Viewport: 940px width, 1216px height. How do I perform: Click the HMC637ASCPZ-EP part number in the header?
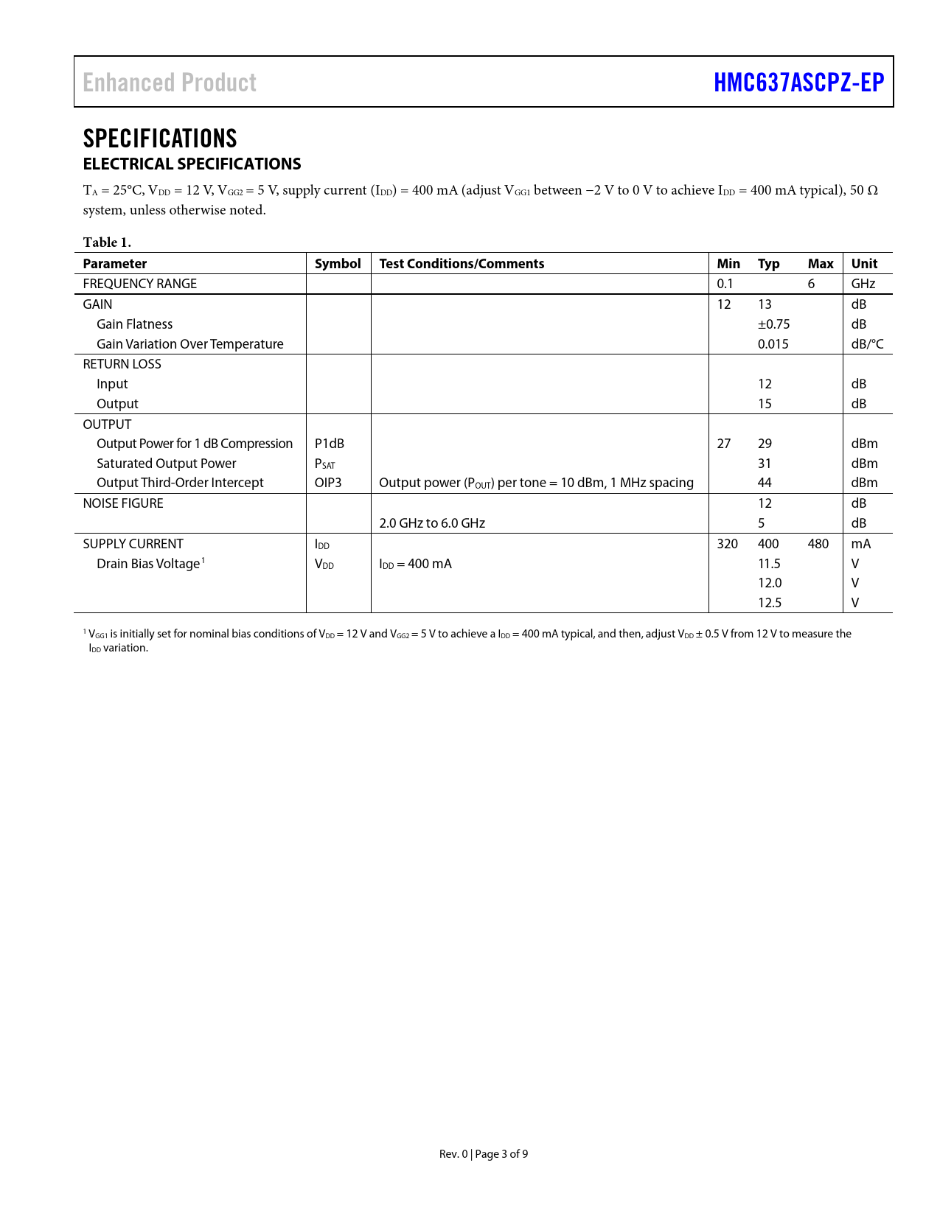pyautogui.click(x=798, y=83)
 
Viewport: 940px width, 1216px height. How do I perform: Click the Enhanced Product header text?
pyautogui.click(x=170, y=83)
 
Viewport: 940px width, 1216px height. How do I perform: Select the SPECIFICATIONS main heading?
pyautogui.click(x=160, y=139)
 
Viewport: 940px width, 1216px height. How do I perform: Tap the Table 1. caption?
pyautogui.click(x=107, y=242)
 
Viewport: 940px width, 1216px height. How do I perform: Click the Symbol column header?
pyautogui.click(x=338, y=264)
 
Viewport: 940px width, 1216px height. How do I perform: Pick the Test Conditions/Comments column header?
pyautogui.click(x=462, y=264)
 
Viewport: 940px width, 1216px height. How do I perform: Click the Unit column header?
pyautogui.click(x=864, y=264)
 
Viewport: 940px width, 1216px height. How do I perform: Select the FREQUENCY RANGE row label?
pyautogui.click(x=140, y=284)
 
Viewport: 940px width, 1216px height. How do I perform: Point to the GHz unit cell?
pyautogui.click(x=863, y=284)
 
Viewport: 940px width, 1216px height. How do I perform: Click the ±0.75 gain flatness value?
pyautogui.click(x=773, y=324)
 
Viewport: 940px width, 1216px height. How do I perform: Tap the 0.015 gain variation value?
pyautogui.click(x=773, y=344)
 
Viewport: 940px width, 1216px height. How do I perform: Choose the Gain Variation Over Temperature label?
pyautogui.click(x=190, y=344)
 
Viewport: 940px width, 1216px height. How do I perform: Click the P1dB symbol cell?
pyautogui.click(x=330, y=444)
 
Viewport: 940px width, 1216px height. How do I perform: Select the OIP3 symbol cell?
pyautogui.click(x=328, y=483)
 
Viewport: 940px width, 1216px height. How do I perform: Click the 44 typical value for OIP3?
pyautogui.click(x=765, y=483)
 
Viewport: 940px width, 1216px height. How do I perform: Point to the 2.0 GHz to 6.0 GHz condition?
pyautogui.click(x=432, y=523)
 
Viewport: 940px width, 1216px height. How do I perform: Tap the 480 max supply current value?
pyautogui.click(x=818, y=544)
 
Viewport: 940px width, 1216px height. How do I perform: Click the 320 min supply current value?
pyautogui.click(x=727, y=544)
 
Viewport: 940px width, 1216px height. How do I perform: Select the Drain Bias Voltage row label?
pyautogui.click(x=148, y=564)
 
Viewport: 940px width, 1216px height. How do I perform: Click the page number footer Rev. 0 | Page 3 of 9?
pyautogui.click(x=484, y=1154)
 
